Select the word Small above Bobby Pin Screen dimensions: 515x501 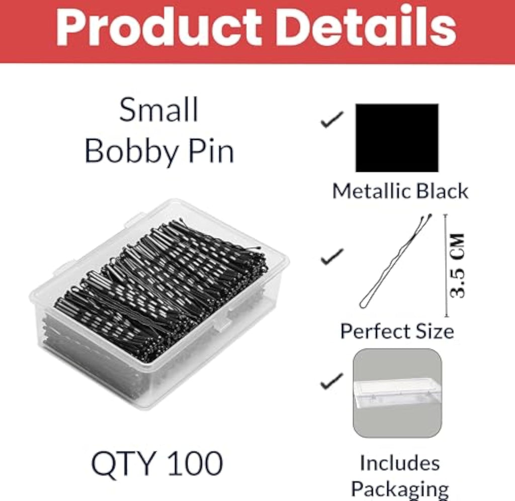159,110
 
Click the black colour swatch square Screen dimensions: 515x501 397,138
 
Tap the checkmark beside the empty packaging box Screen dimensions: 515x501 332,380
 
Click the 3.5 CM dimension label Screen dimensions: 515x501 457,266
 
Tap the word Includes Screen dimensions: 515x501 400,463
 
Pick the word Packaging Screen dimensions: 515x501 400,489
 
